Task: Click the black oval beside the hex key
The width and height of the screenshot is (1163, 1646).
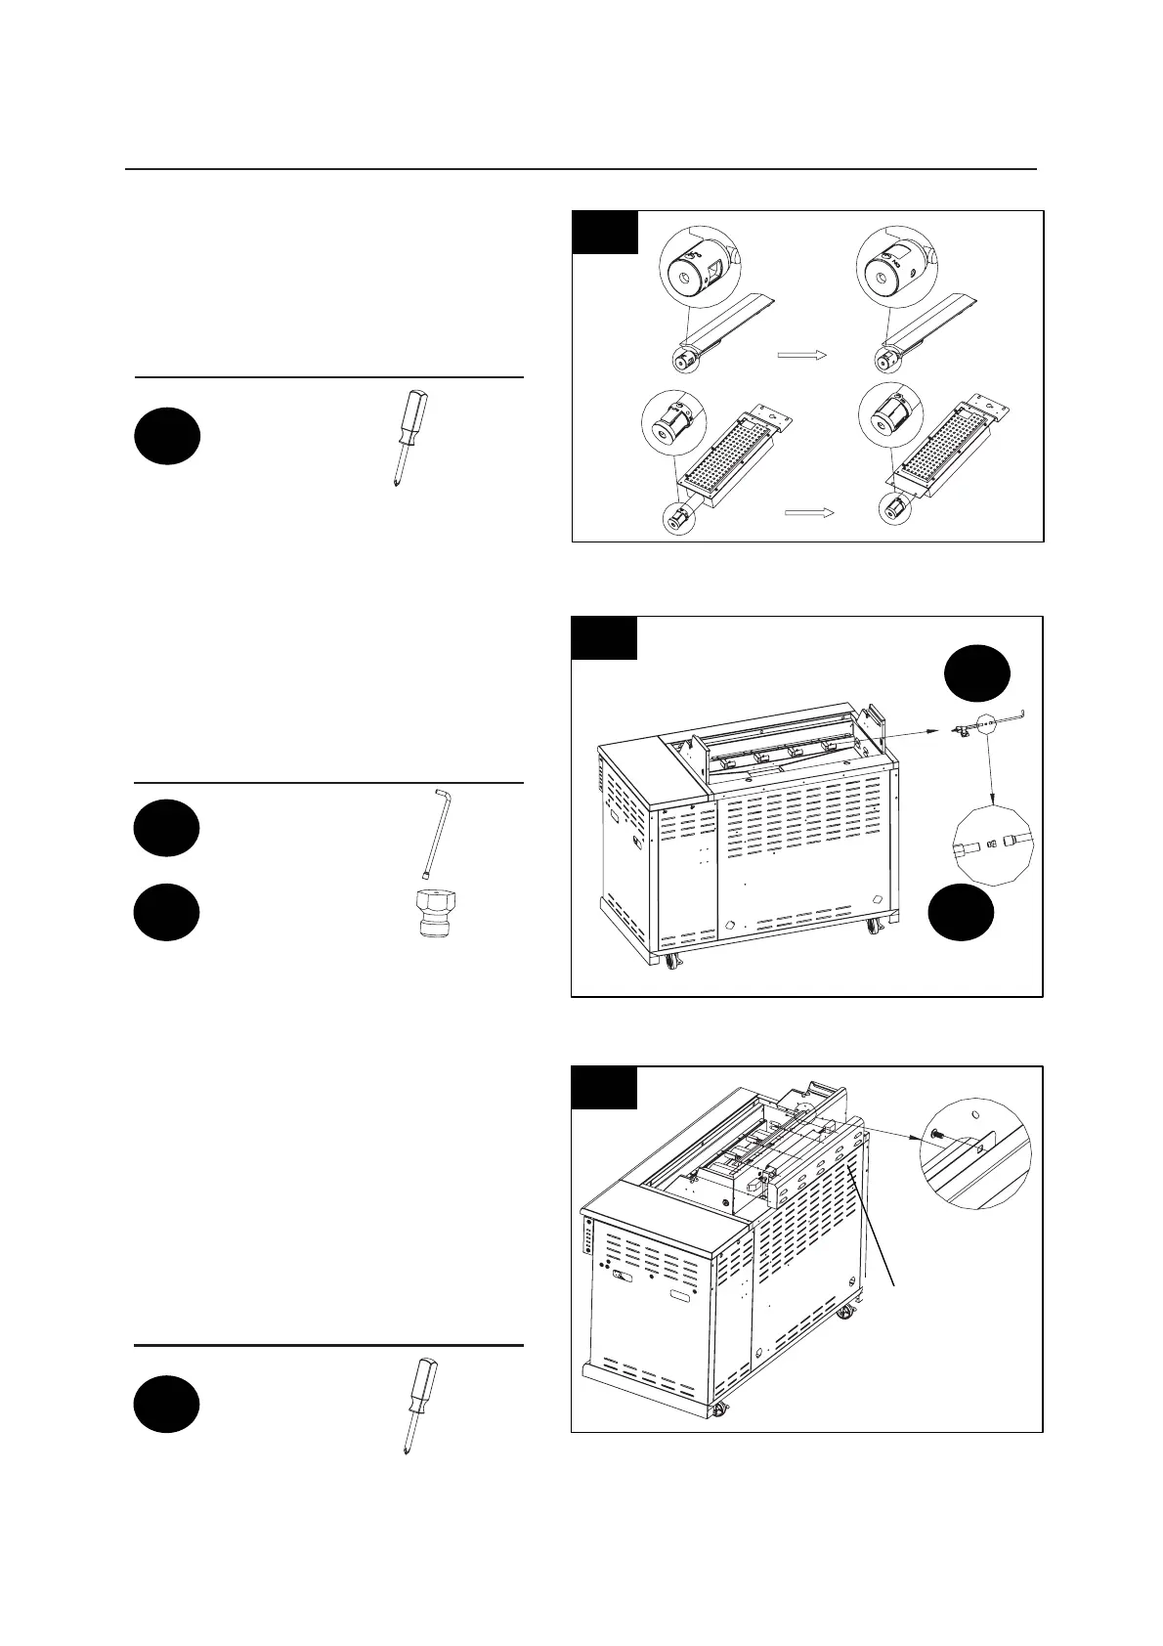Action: point(167,828)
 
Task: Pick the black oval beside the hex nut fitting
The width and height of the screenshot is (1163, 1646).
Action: point(167,912)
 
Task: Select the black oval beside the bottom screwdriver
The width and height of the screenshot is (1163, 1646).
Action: point(167,1404)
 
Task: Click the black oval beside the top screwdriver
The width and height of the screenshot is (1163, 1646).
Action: point(167,436)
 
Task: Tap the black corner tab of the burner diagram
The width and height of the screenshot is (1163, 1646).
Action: point(605,232)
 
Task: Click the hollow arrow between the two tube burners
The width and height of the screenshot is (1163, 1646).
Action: point(801,355)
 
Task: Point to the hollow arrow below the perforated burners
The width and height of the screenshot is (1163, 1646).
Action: point(810,511)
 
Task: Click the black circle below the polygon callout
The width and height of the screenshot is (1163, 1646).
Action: point(962,911)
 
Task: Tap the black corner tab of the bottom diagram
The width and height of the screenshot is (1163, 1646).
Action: point(604,1087)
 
